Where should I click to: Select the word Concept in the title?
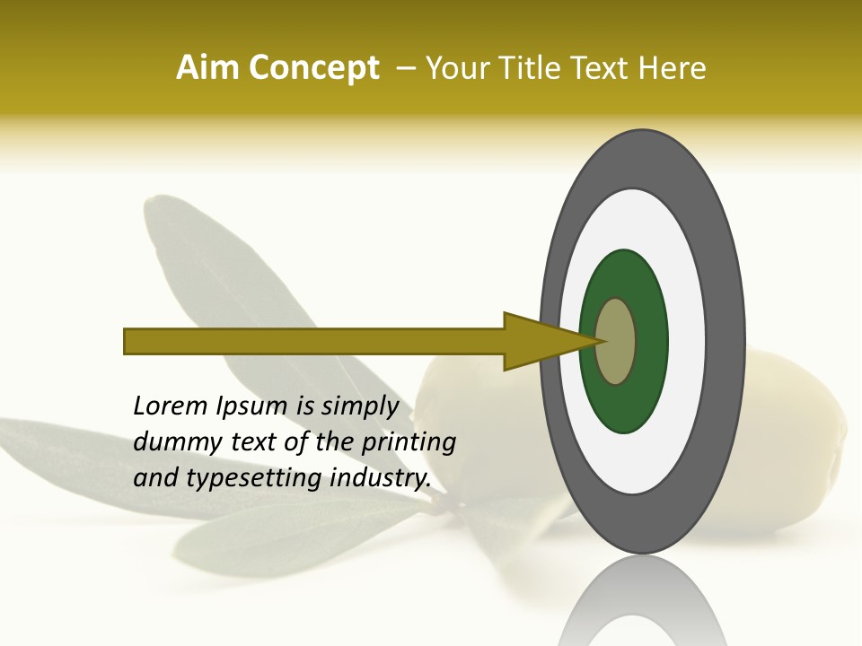[313, 68]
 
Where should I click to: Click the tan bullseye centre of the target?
[616, 341]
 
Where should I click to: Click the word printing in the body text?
[409, 443]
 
